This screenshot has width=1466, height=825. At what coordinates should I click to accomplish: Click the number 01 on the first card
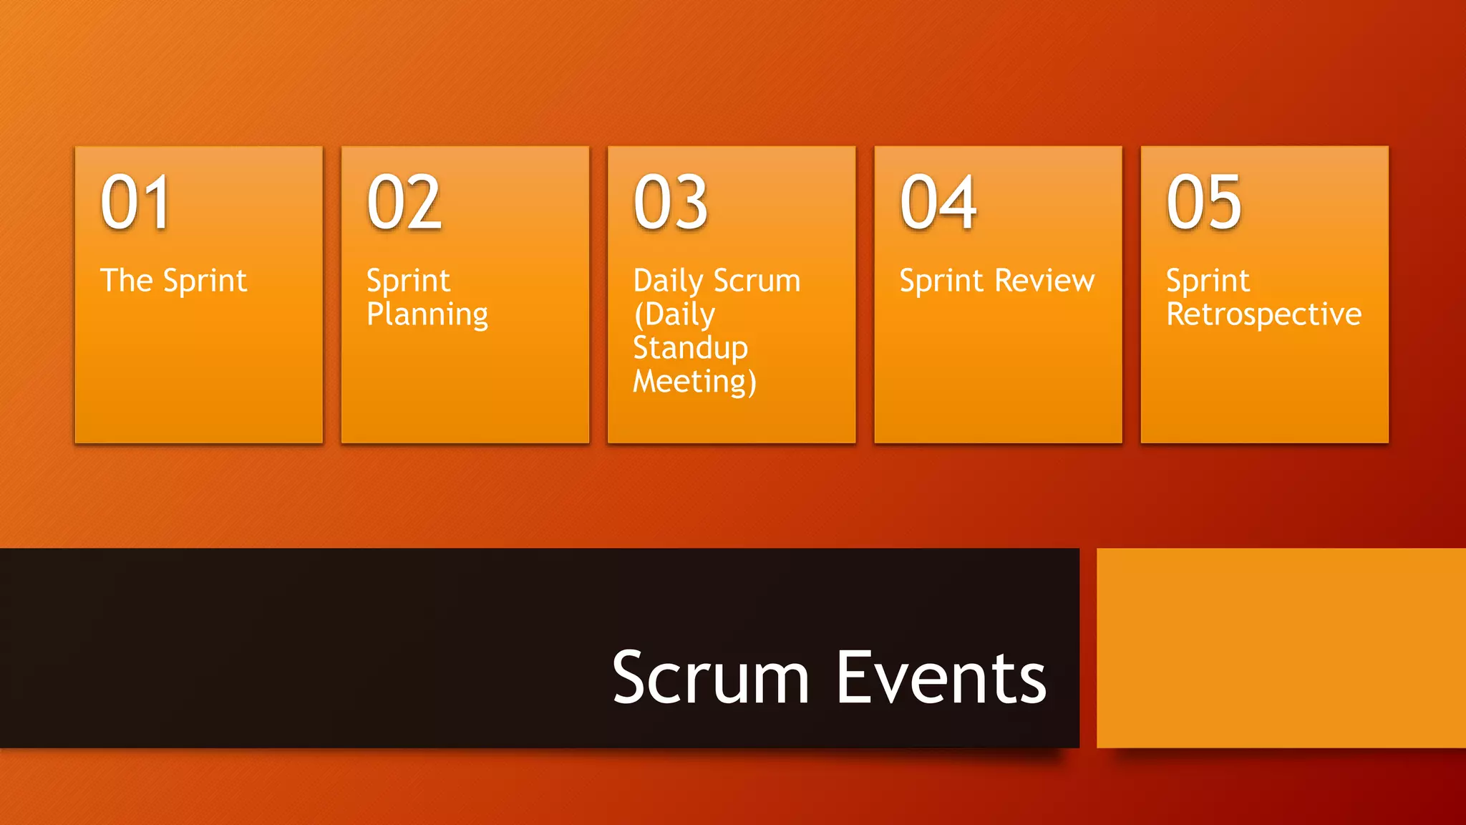[x=135, y=203]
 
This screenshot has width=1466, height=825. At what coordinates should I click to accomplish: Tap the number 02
[x=404, y=203]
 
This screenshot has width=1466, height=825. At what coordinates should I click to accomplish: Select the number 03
[x=671, y=203]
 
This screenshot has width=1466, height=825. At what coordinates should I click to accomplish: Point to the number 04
[x=938, y=203]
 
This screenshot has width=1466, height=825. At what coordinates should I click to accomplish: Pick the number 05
[x=1204, y=203]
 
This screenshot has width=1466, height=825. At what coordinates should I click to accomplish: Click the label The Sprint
[x=173, y=281]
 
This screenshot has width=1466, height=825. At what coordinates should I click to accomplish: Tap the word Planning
[x=427, y=315]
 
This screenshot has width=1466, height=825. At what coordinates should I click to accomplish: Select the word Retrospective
[x=1263, y=315]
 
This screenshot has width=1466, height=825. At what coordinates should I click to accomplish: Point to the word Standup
[x=690, y=348]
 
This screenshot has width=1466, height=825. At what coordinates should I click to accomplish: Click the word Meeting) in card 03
[x=694, y=382]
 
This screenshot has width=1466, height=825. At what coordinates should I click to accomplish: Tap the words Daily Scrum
[x=717, y=281]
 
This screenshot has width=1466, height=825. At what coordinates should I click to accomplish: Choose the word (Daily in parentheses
[x=674, y=315]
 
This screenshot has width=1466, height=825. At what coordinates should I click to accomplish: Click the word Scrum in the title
[x=710, y=677]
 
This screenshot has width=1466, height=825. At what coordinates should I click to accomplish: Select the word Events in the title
[x=941, y=677]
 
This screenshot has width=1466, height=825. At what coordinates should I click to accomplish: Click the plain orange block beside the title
[x=1281, y=648]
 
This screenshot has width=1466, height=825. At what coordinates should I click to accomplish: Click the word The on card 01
[x=126, y=280]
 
